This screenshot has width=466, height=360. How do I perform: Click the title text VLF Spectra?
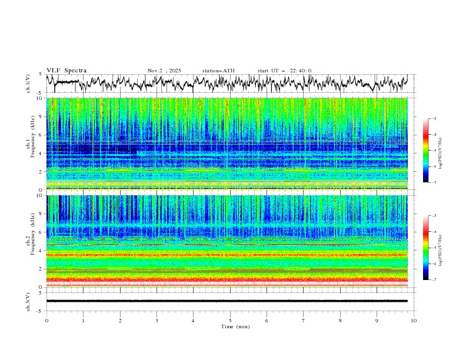coord(66,71)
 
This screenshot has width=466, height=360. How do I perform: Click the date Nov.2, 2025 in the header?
coord(165,71)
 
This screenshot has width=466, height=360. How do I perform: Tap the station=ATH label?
coord(218,71)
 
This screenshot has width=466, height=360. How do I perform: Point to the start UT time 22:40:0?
coord(301,71)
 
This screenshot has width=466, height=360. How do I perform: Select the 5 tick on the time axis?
coord(230,321)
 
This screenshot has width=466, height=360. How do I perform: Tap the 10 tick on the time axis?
coord(414,321)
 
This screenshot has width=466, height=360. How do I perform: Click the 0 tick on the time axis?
coord(46,321)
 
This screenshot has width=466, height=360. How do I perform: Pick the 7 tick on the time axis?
coord(304,321)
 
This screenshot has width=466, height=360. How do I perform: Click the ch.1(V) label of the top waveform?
coord(29,85)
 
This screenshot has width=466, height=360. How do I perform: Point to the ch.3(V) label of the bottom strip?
coord(29,301)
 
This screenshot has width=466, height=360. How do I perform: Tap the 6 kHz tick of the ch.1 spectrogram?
coord(40,135)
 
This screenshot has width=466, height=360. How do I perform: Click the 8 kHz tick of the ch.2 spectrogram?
coord(40,214)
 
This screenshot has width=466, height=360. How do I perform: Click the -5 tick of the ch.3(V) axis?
coord(39,310)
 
